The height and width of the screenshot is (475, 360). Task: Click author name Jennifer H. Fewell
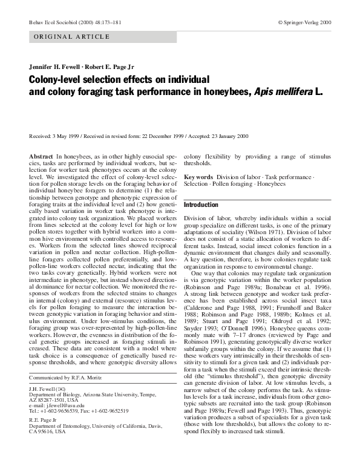point(56,67)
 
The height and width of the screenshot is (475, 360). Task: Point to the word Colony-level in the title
point(53,80)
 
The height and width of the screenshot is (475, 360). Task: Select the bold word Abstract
point(41,157)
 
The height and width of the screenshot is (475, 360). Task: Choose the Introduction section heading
point(201,205)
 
